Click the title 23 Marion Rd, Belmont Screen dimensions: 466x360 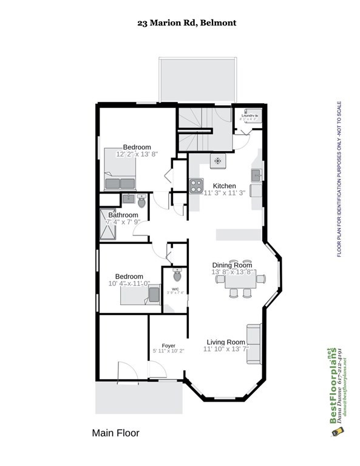click(186, 23)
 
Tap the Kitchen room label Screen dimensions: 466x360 click(224, 186)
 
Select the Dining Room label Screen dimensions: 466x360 click(231, 265)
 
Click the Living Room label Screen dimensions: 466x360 click(225, 342)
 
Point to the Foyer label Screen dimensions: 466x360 click(168, 345)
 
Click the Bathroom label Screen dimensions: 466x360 click(123, 215)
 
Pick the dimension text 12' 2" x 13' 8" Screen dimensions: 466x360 click(137, 155)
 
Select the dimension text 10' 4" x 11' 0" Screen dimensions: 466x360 click(129, 283)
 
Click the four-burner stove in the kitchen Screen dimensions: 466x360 click(196, 186)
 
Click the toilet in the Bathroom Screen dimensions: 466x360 click(142, 200)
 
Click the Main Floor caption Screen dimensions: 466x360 click(115, 433)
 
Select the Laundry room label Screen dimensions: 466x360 click(249, 115)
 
